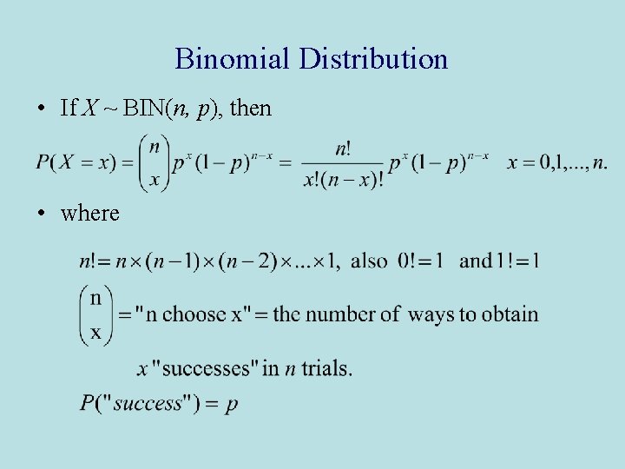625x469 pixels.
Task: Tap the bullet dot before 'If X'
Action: pos(42,109)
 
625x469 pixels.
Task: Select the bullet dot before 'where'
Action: pos(42,213)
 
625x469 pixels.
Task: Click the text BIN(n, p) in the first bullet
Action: pos(170,109)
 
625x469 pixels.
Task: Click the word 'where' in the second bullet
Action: pos(90,213)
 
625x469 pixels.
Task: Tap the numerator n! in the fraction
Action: pos(344,148)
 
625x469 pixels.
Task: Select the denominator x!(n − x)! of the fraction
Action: pos(344,180)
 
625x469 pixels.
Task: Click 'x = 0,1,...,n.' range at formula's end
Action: pos(557,162)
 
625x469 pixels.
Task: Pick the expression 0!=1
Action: pos(420,260)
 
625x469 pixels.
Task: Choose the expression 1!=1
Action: pos(506,260)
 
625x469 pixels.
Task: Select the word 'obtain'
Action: pos(510,314)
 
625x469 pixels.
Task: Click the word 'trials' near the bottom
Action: pos(325,368)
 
